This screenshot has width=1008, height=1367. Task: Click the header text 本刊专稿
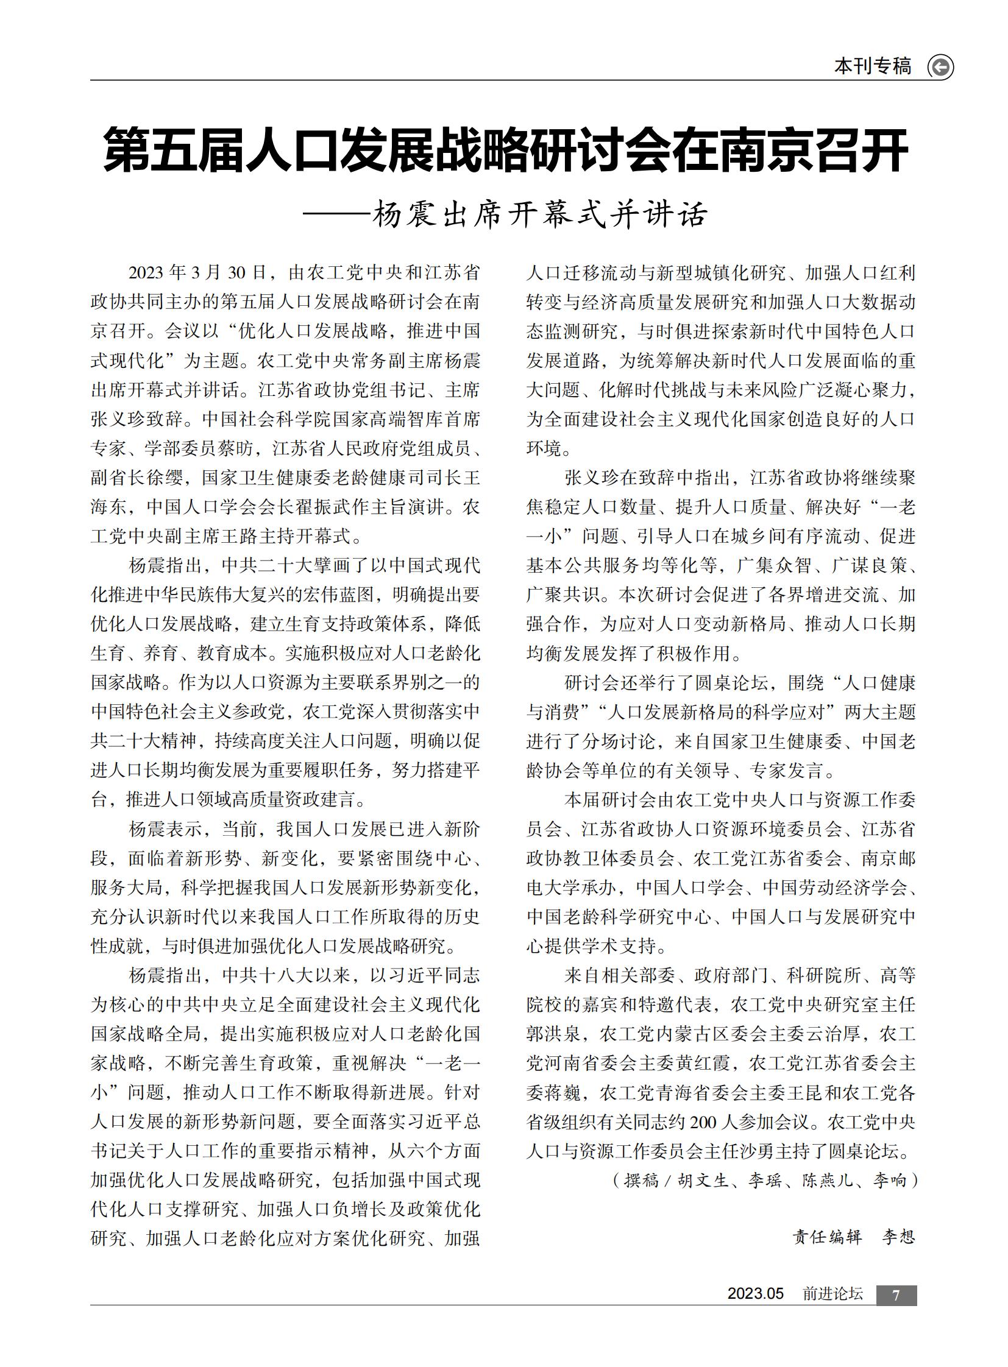coord(873,66)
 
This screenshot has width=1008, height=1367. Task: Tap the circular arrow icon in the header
coord(940,67)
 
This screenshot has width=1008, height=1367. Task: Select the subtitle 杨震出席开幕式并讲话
coord(540,214)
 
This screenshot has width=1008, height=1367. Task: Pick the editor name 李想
coord(899,1237)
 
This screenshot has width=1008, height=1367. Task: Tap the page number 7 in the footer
coord(896,1296)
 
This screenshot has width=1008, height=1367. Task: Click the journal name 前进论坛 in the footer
coord(833,1294)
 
